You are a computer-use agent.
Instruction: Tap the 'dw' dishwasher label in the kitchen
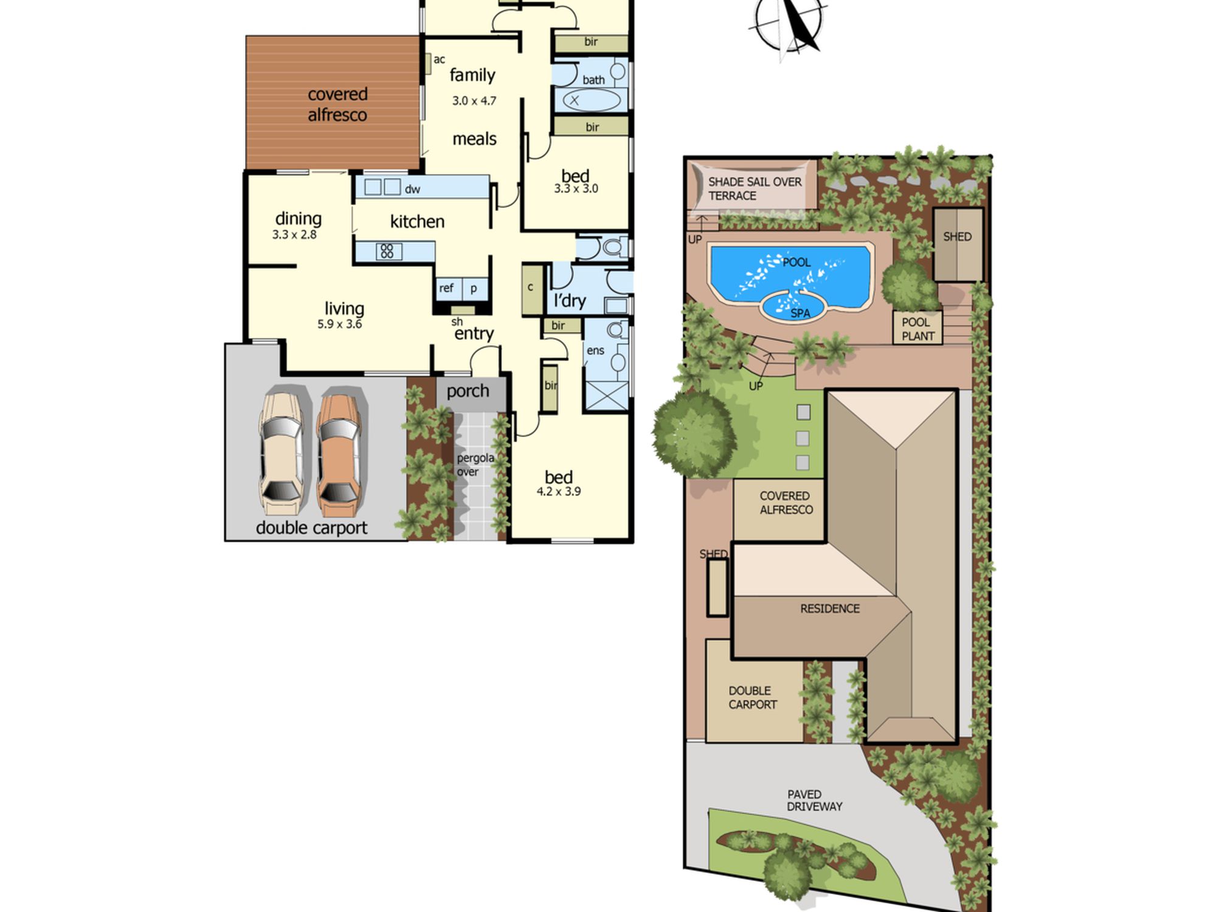[412, 189]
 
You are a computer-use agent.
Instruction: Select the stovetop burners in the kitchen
[387, 251]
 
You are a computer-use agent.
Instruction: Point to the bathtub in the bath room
[590, 100]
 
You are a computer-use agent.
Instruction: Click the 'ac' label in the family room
[439, 60]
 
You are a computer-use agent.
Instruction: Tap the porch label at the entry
[468, 391]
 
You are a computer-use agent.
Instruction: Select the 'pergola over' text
[475, 465]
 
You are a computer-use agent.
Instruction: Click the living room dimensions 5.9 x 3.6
[339, 324]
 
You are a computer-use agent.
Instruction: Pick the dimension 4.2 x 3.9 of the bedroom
[558, 491]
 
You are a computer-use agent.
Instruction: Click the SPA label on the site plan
[800, 313]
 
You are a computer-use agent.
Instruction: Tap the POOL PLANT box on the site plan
[917, 328]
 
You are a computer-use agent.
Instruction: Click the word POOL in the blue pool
[796, 262]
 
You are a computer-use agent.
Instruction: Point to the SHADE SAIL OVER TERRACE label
[755, 188]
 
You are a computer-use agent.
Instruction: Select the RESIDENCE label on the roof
[830, 609]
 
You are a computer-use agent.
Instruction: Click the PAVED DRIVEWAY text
[815, 800]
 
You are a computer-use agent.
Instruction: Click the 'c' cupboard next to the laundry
[532, 289]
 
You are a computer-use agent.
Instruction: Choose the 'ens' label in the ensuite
[595, 350]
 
